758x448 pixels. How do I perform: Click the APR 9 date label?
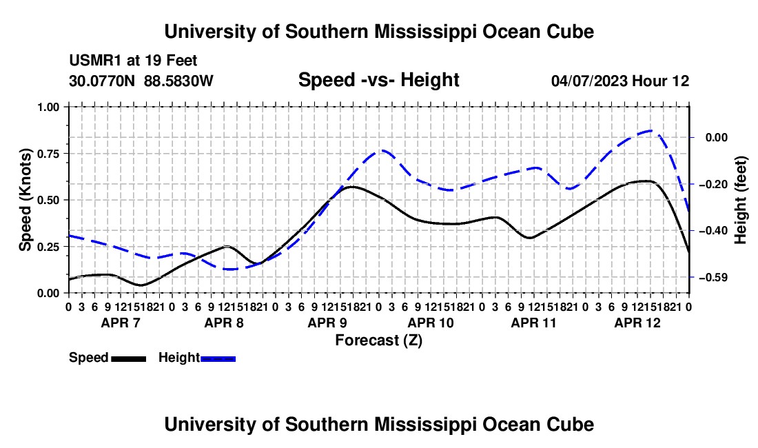[327, 323]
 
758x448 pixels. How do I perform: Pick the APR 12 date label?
[637, 323]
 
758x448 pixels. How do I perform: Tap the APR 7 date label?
[121, 323]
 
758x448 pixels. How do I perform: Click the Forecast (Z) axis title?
[378, 340]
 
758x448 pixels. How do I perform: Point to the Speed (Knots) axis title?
[25, 200]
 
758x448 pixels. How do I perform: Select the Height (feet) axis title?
[740, 200]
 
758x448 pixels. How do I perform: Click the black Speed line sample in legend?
[129, 358]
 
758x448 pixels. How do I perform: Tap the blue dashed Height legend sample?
[218, 358]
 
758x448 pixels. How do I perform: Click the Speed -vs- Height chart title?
[378, 80]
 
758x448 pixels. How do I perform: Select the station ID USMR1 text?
[96, 61]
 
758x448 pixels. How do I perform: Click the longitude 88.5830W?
[178, 81]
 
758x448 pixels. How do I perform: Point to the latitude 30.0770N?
[102, 81]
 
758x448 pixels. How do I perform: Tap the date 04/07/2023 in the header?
[589, 81]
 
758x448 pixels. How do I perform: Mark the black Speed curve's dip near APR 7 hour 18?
[141, 285]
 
